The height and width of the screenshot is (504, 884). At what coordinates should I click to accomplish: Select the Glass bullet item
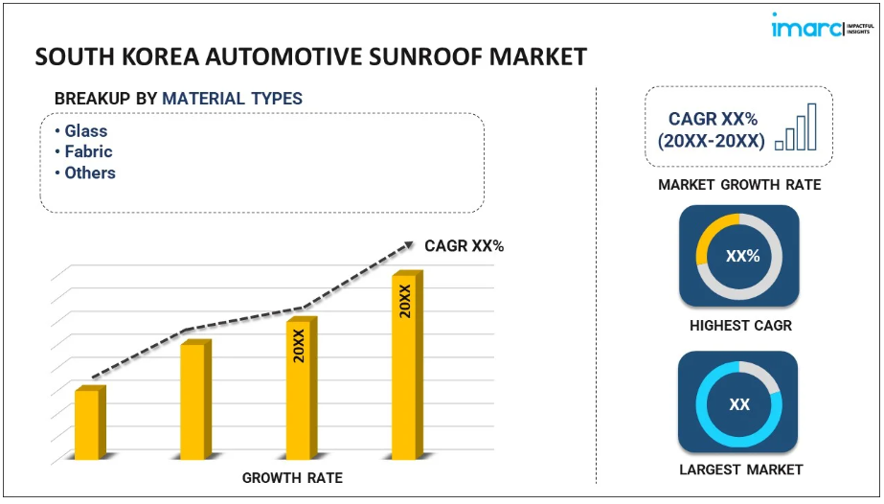click(86, 131)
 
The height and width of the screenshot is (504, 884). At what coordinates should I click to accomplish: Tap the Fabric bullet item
click(88, 152)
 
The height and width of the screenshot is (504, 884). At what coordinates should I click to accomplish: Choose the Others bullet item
click(90, 173)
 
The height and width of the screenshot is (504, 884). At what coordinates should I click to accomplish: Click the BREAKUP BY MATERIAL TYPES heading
click(178, 99)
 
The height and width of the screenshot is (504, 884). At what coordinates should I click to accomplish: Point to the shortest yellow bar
click(87, 424)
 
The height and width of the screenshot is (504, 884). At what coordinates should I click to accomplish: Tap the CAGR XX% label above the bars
click(464, 246)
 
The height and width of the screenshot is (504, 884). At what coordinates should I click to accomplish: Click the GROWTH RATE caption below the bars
click(292, 478)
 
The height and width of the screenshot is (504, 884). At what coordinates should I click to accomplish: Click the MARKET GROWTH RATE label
click(739, 185)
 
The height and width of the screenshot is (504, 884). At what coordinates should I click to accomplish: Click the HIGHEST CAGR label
click(740, 326)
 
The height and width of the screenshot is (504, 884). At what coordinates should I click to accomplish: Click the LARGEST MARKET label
click(740, 470)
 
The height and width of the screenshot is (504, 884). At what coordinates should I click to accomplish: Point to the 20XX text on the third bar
click(299, 346)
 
